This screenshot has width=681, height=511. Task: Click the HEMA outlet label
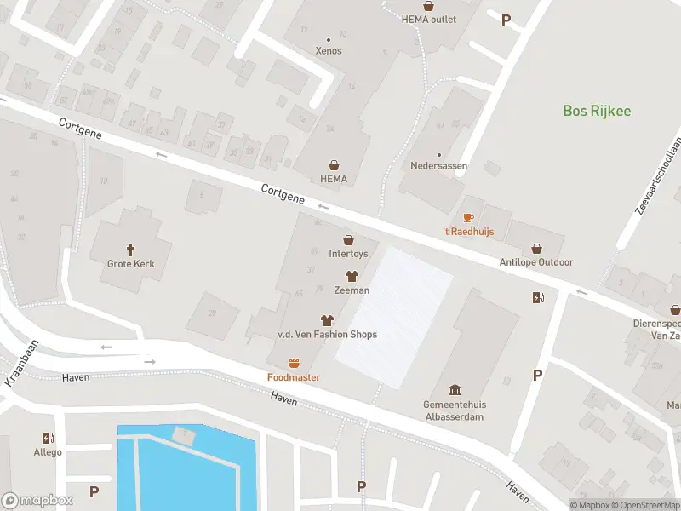click(429, 20)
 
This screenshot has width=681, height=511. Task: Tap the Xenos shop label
click(328, 50)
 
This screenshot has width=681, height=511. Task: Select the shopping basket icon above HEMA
click(335, 164)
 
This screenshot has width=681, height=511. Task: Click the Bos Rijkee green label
click(597, 111)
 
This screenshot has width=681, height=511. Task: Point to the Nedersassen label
click(438, 166)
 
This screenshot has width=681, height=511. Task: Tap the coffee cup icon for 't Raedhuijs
click(467, 219)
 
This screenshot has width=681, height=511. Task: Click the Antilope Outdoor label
click(536, 262)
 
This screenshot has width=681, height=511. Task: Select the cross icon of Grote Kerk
click(131, 250)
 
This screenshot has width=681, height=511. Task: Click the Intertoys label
click(348, 253)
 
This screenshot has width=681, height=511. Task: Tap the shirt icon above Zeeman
click(352, 276)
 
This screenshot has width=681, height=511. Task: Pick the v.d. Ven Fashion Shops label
click(327, 334)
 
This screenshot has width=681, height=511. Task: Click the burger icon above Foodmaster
click(294, 363)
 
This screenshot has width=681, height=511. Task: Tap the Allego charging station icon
click(48, 438)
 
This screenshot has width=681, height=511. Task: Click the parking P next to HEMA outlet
click(506, 20)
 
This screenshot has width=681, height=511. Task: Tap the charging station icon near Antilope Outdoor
click(537, 297)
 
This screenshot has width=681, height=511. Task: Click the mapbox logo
click(37, 500)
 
